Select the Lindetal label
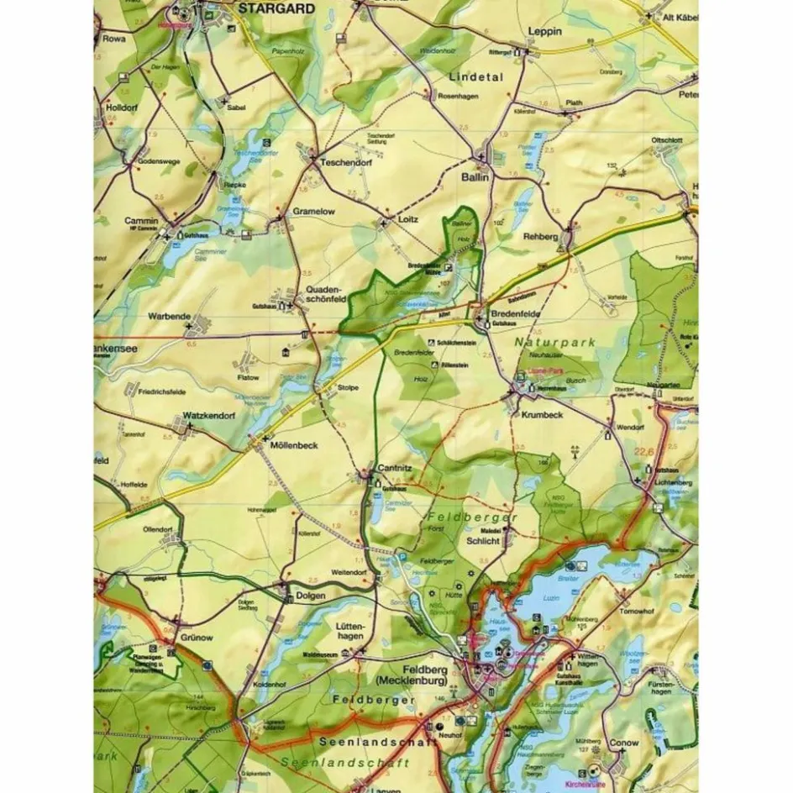pos(475,76)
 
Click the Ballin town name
pos(475,179)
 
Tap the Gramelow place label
pos(313,213)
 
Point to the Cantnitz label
pos(397,466)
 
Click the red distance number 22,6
pos(646,451)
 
